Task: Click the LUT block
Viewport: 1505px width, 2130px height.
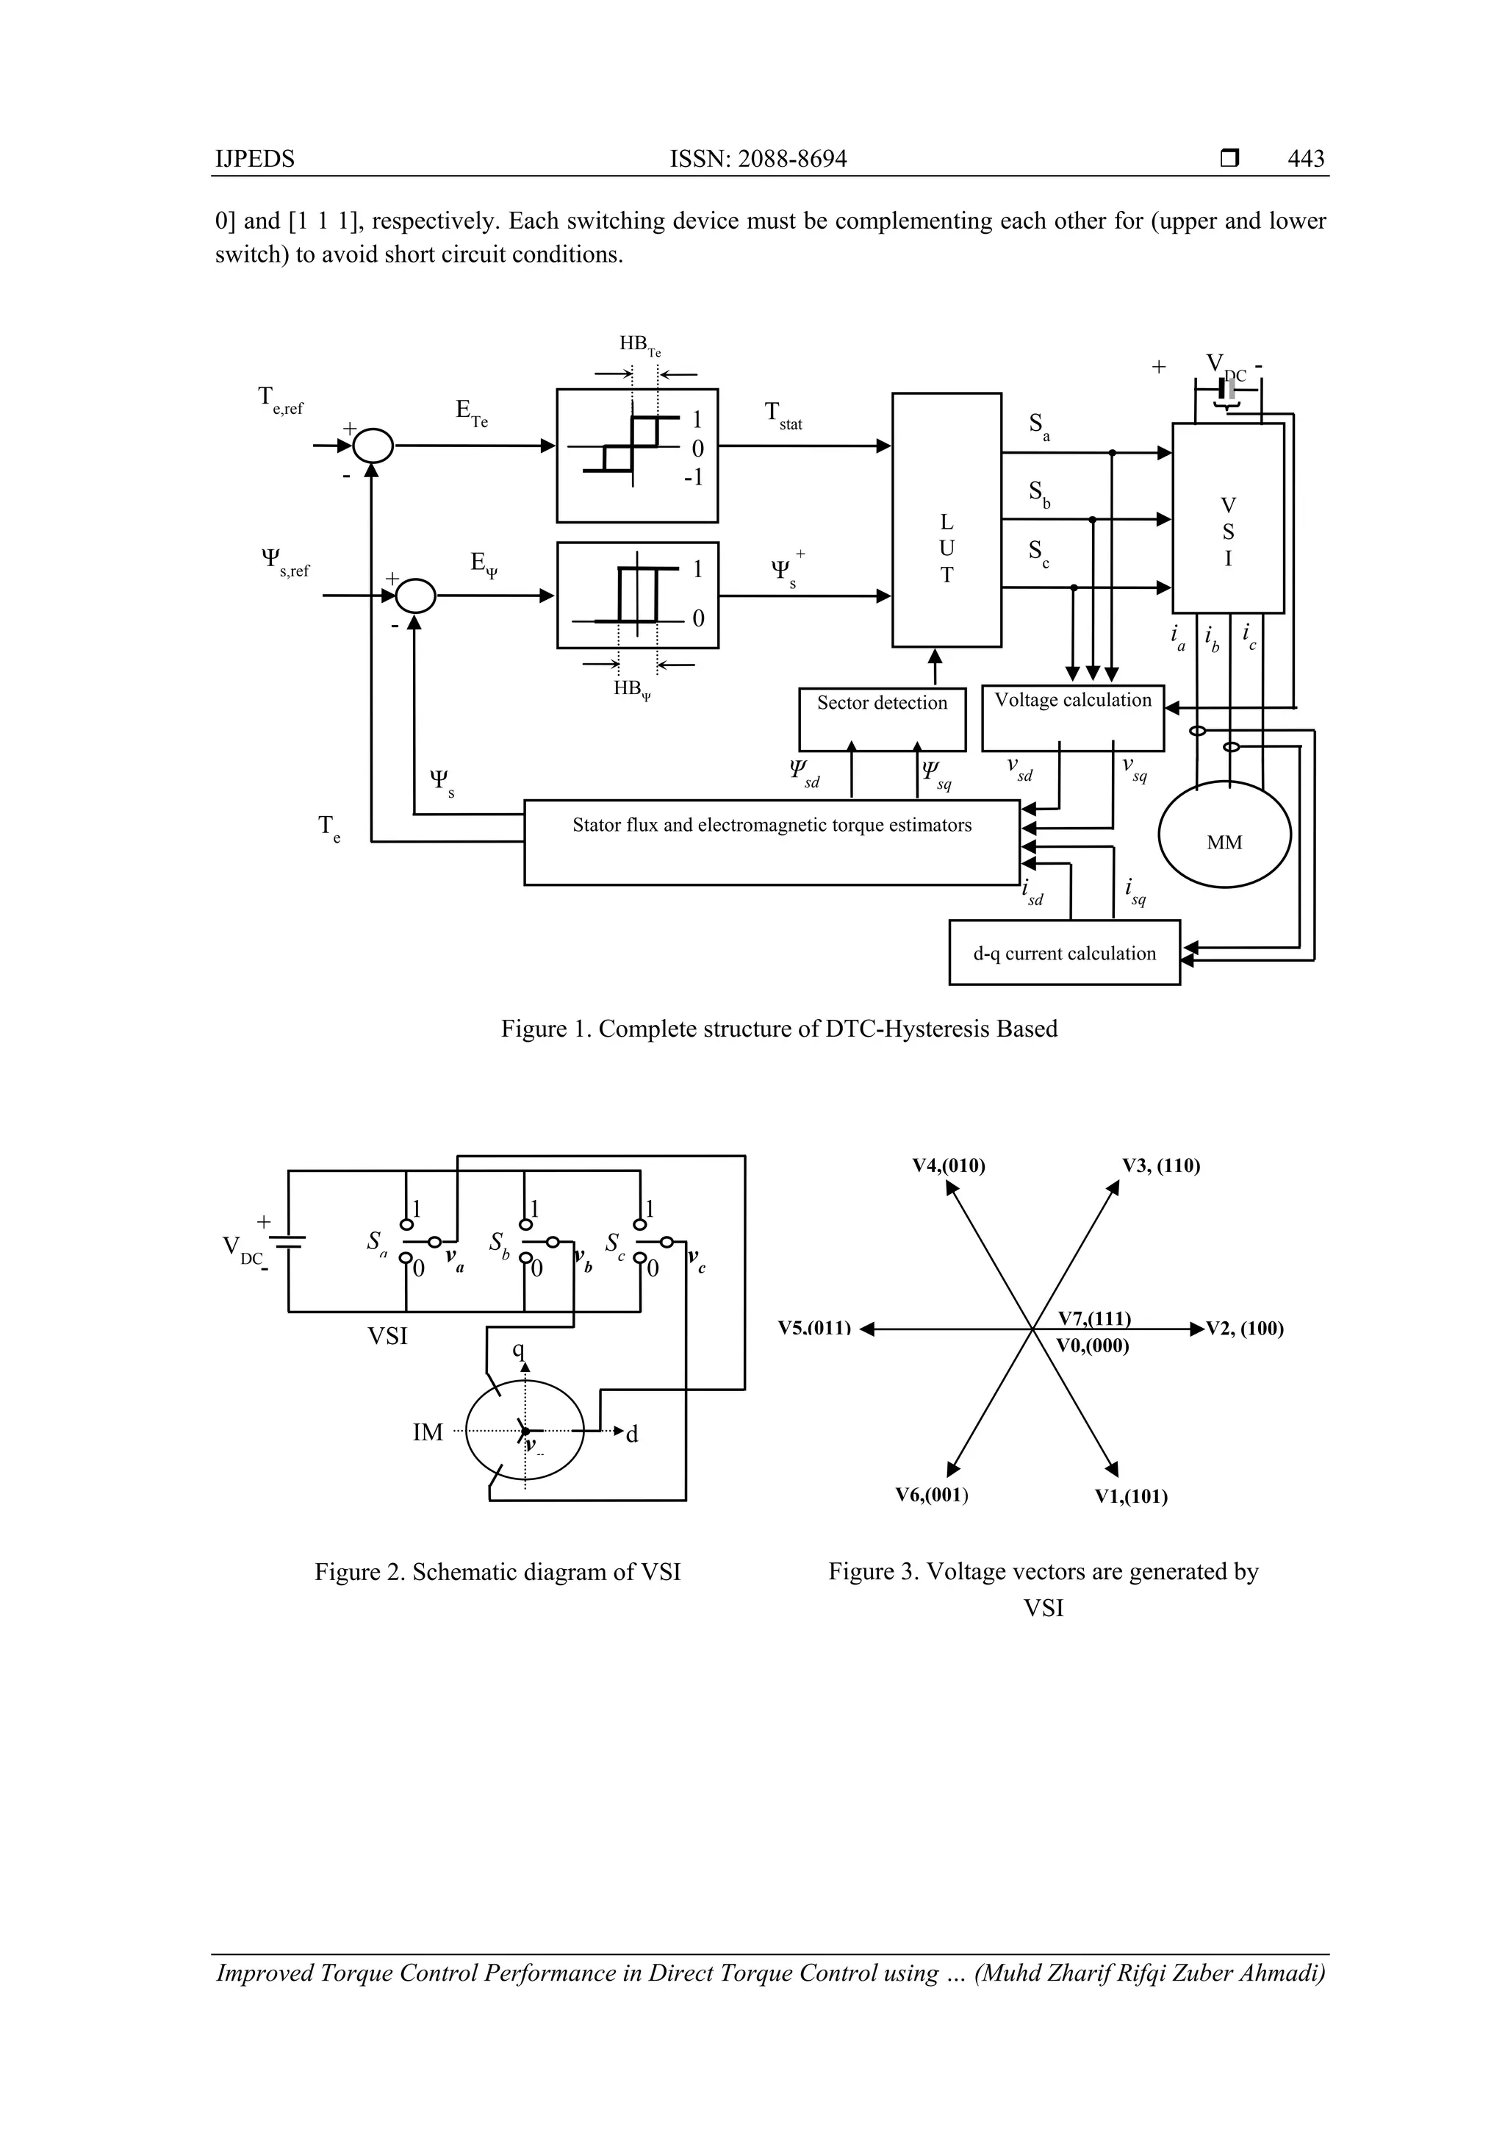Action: pos(946,520)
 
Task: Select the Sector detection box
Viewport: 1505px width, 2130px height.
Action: pos(882,719)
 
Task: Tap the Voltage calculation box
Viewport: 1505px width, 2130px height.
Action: pos(1072,719)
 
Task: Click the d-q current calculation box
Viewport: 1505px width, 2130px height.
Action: pos(1063,953)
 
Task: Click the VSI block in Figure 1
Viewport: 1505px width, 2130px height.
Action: pos(1228,518)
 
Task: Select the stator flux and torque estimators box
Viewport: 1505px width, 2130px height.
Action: pos(772,841)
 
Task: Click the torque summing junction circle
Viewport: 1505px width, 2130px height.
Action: pos(373,446)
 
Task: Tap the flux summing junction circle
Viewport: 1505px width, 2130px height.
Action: pos(415,596)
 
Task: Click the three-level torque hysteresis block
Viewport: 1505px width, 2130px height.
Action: pos(637,456)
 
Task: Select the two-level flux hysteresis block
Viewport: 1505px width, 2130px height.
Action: pos(637,595)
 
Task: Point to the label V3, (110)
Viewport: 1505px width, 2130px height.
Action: pos(1161,1166)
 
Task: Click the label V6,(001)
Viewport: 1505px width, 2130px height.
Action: pos(931,1495)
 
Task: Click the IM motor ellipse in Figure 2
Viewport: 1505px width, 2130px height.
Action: pos(525,1432)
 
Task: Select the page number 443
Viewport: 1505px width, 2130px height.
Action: pos(1306,159)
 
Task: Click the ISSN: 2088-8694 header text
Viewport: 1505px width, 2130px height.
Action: pos(758,159)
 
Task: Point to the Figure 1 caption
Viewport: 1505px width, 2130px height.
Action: pos(779,1029)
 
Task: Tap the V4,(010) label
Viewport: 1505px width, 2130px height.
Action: pos(949,1166)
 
